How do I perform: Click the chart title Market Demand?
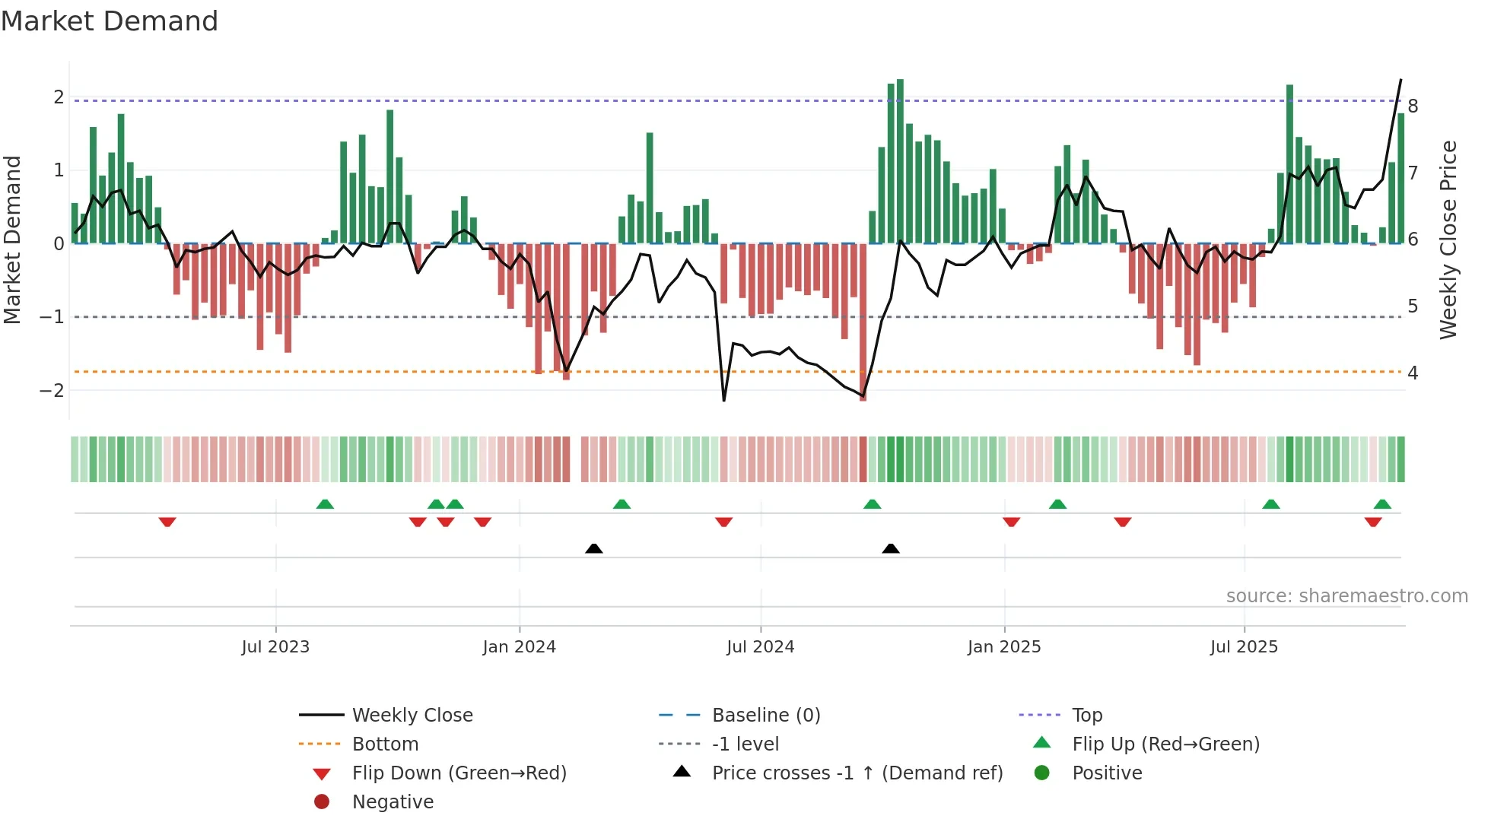[x=110, y=21]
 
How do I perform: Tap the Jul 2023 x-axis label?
[x=275, y=647]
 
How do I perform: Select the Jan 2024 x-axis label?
[x=519, y=647]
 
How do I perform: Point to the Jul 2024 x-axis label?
[x=760, y=647]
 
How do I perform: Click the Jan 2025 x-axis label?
[x=1004, y=647]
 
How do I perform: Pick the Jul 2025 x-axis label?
[x=1244, y=647]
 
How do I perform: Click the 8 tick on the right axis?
[x=1413, y=106]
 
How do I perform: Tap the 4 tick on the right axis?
[x=1413, y=373]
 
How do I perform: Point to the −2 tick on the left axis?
[x=52, y=391]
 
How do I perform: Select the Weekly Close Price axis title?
[x=1448, y=240]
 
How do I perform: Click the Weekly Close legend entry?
[x=412, y=716]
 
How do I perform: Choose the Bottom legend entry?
[x=385, y=744]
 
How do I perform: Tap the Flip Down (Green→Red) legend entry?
[x=459, y=773]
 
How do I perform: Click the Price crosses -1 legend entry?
[x=857, y=773]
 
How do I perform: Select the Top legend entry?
[x=1086, y=716]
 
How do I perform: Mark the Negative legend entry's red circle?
[x=322, y=802]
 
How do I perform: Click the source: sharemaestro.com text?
[x=1346, y=596]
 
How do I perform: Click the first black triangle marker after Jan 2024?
[x=594, y=548]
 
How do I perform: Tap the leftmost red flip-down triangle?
[x=167, y=522]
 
